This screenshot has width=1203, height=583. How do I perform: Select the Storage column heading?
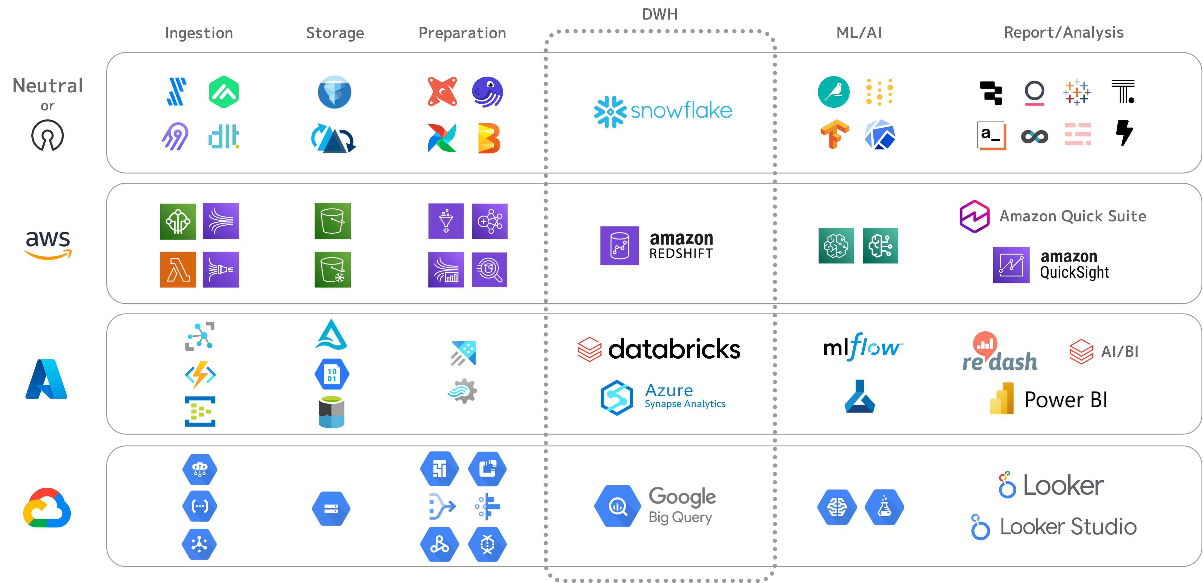[x=335, y=33]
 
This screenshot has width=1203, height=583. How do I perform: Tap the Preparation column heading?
[x=462, y=33]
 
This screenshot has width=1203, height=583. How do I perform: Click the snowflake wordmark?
[x=681, y=111]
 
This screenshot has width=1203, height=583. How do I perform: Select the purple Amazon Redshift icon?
[x=619, y=245]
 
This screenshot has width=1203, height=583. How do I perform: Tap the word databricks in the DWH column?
[x=674, y=349]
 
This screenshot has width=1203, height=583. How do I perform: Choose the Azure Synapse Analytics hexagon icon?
[x=617, y=397]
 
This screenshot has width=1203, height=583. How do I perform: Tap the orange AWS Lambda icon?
[x=178, y=270]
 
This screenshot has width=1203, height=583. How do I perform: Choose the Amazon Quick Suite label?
[x=1072, y=216]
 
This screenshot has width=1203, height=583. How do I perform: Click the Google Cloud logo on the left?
[x=47, y=510]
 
